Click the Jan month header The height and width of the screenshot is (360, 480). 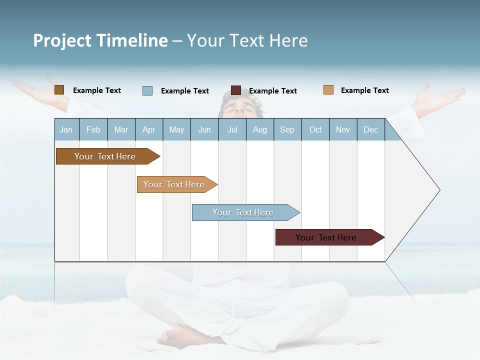[x=66, y=129]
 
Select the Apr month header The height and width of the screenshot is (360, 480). [x=149, y=129]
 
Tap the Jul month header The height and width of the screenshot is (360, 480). [x=232, y=129]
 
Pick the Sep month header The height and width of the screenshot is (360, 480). [x=287, y=129]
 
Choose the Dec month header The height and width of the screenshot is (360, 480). [x=370, y=129]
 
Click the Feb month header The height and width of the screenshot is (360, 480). [x=93, y=129]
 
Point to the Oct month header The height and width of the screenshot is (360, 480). [x=315, y=129]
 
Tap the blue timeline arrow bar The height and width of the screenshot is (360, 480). [x=244, y=212]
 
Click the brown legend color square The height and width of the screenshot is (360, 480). [x=59, y=90]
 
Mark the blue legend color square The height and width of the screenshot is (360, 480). [x=147, y=90]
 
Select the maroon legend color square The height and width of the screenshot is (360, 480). [x=236, y=90]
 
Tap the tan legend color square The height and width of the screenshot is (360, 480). [x=328, y=90]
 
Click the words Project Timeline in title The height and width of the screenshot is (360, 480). [x=100, y=40]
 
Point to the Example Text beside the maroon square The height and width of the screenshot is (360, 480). [x=273, y=91]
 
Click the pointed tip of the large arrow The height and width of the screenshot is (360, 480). [x=438, y=190]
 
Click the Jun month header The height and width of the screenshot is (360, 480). [x=204, y=129]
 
